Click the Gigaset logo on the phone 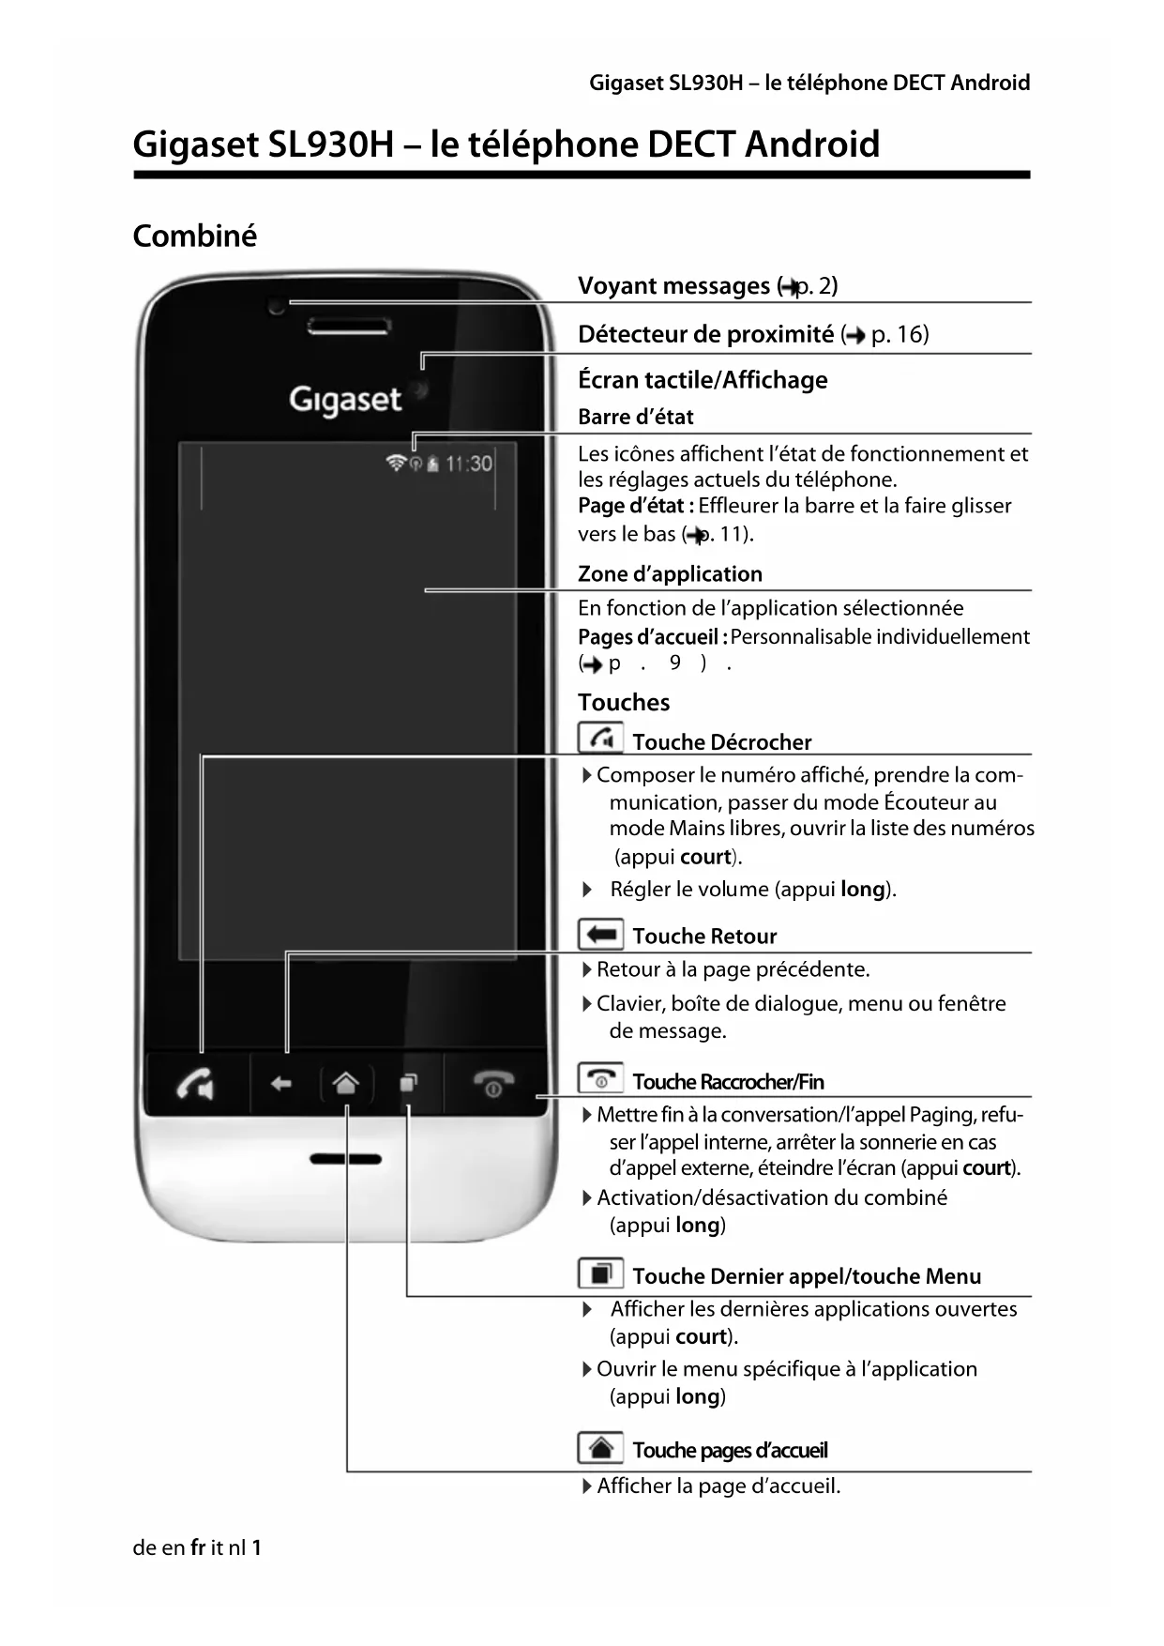coord(345,400)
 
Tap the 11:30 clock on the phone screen coord(468,464)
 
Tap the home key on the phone coord(346,1084)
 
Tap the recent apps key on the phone coord(408,1084)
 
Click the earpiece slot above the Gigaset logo coord(348,327)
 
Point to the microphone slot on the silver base coord(345,1159)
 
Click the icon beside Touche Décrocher coord(600,739)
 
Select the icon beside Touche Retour coord(600,935)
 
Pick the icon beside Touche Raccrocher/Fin coord(600,1079)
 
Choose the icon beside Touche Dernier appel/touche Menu coord(600,1274)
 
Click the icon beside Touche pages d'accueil coord(600,1449)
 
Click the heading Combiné coord(194,236)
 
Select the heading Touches coord(624,702)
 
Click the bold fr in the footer coord(197,1547)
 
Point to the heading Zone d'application coord(670,573)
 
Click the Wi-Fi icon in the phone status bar coord(396,463)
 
